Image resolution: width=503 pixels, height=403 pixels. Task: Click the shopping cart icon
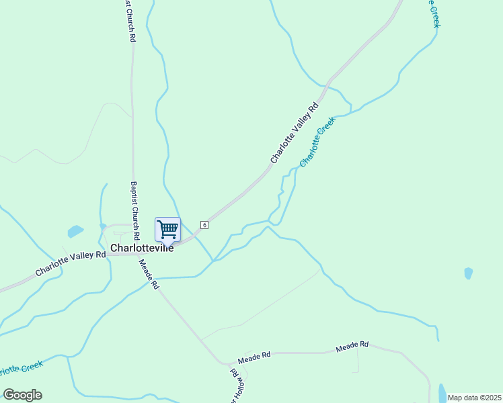pyautogui.click(x=167, y=229)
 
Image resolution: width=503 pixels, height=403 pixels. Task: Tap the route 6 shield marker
pyautogui.click(x=204, y=224)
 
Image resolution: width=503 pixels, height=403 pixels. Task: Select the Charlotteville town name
pyautogui.click(x=141, y=248)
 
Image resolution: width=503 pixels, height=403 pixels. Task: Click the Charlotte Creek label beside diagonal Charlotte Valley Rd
pyautogui.click(x=317, y=142)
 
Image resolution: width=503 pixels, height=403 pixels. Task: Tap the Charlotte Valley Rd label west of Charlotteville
pyautogui.click(x=71, y=263)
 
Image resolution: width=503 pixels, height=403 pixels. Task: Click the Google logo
pyautogui.click(x=22, y=395)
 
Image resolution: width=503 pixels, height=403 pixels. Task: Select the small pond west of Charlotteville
pyautogui.click(x=75, y=232)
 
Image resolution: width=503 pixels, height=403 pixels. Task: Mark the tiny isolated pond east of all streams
pyautogui.click(x=468, y=273)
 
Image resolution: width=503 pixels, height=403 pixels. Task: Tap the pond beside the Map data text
pyautogui.click(x=442, y=392)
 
